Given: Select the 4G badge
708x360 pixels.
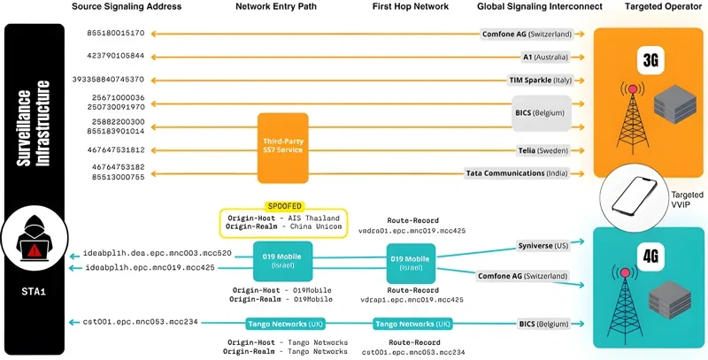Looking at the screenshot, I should click(650, 257).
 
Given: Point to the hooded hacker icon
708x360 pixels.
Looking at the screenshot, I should click(34, 244).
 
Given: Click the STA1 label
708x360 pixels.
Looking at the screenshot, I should click(34, 287).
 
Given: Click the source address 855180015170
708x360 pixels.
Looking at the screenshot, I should click(114, 34).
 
